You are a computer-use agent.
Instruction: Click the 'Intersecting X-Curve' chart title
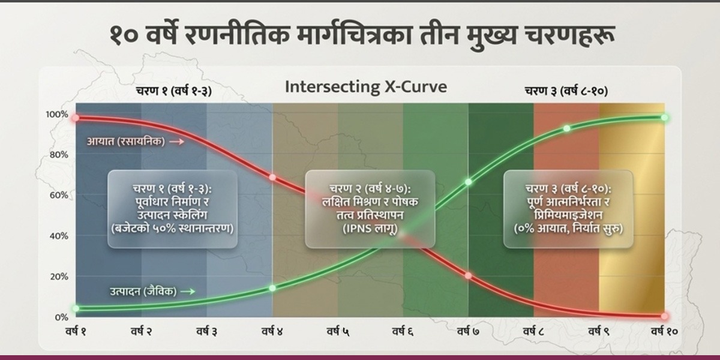[366, 87]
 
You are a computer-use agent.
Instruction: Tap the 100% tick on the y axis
[57, 115]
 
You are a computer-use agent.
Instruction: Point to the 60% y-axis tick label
[59, 196]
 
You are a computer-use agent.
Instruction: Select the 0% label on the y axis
[61, 317]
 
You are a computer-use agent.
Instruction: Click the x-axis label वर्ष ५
[338, 331]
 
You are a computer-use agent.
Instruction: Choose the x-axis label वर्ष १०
[664, 331]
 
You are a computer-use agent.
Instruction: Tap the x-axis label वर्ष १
[76, 331]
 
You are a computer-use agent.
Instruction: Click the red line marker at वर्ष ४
[272, 178]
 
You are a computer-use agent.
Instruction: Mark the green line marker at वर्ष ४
[272, 288]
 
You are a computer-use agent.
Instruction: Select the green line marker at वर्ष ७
[469, 182]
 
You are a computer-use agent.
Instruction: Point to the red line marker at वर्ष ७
[469, 276]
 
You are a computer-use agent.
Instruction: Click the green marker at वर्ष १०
[664, 118]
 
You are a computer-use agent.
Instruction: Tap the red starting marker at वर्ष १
[76, 118]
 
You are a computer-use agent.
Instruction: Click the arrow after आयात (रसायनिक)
[177, 142]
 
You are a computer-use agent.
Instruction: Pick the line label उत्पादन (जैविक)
[143, 292]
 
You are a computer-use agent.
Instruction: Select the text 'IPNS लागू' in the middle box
[370, 229]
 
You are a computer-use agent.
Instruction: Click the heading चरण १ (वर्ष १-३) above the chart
[174, 91]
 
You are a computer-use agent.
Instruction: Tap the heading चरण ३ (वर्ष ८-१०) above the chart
[566, 91]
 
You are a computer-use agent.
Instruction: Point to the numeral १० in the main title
[124, 35]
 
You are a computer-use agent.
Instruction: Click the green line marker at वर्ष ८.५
[566, 128]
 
